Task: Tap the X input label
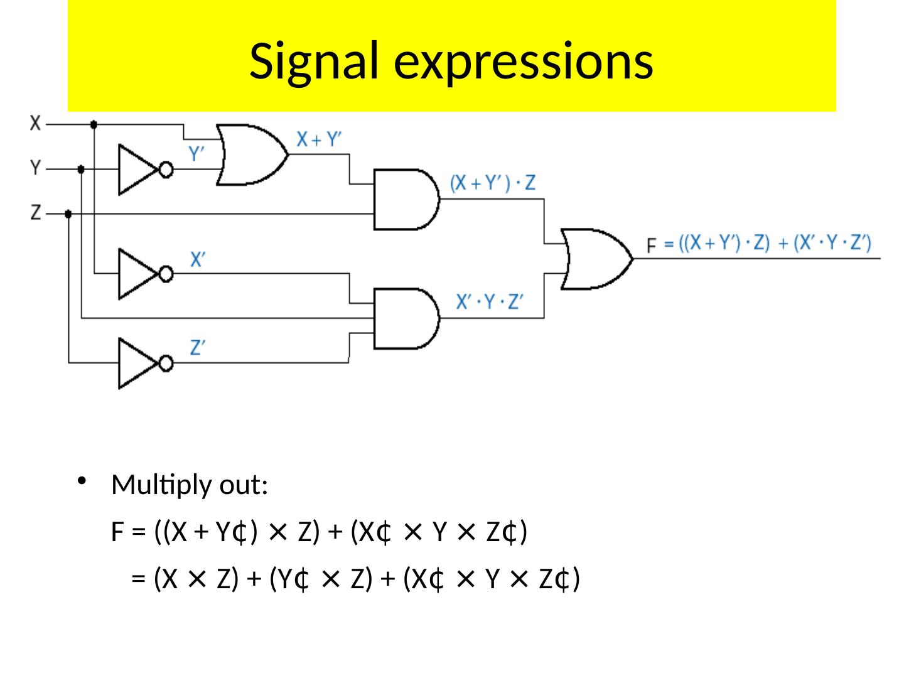coord(36,123)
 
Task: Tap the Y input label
coord(36,168)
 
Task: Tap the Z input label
coord(36,213)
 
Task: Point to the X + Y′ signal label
coord(320,140)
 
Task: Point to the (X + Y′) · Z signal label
coord(493,183)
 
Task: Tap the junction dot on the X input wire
coord(94,124)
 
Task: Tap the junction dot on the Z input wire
coord(68,214)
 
